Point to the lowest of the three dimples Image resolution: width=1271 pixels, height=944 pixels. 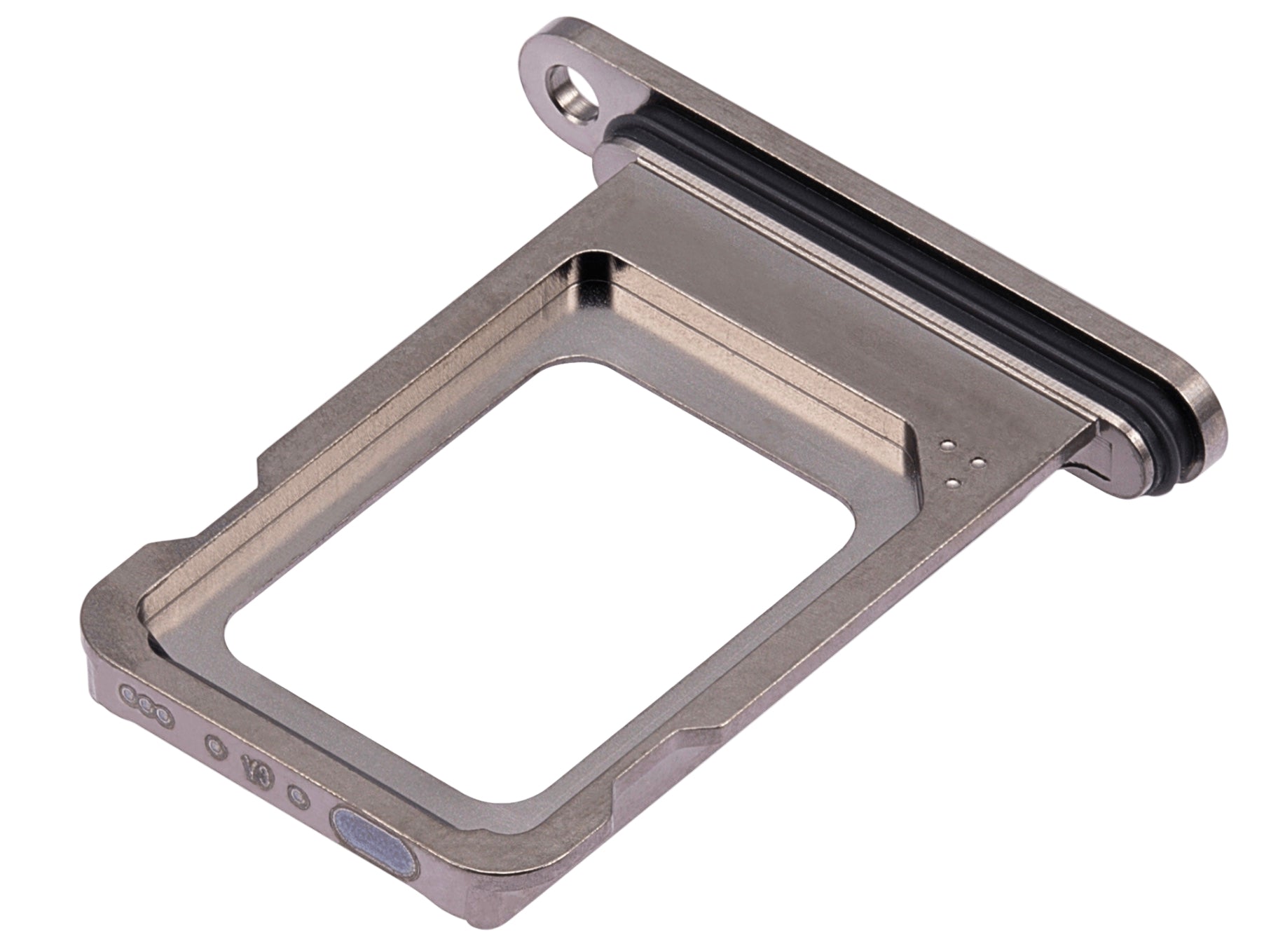(x=951, y=481)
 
